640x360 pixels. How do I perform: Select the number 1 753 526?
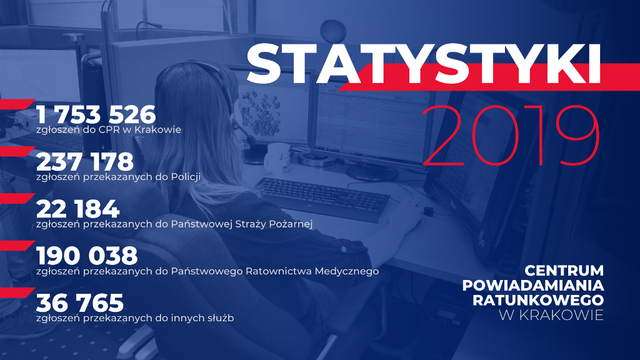(x=96, y=114)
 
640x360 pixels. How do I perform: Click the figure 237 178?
(x=85, y=162)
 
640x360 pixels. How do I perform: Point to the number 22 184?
(x=78, y=209)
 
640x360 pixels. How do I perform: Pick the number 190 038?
(x=87, y=256)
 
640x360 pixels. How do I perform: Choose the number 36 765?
(x=80, y=303)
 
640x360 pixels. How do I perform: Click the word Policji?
(x=186, y=177)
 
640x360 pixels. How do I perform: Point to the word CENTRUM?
(x=564, y=270)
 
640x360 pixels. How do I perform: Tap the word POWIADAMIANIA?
(x=533, y=285)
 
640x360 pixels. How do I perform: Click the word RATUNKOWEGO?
(x=538, y=300)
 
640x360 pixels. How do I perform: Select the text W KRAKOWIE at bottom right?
(x=551, y=315)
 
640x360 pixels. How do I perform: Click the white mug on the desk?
(x=278, y=157)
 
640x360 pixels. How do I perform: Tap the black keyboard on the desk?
(x=322, y=199)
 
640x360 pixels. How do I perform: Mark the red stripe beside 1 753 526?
(x=16, y=104)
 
